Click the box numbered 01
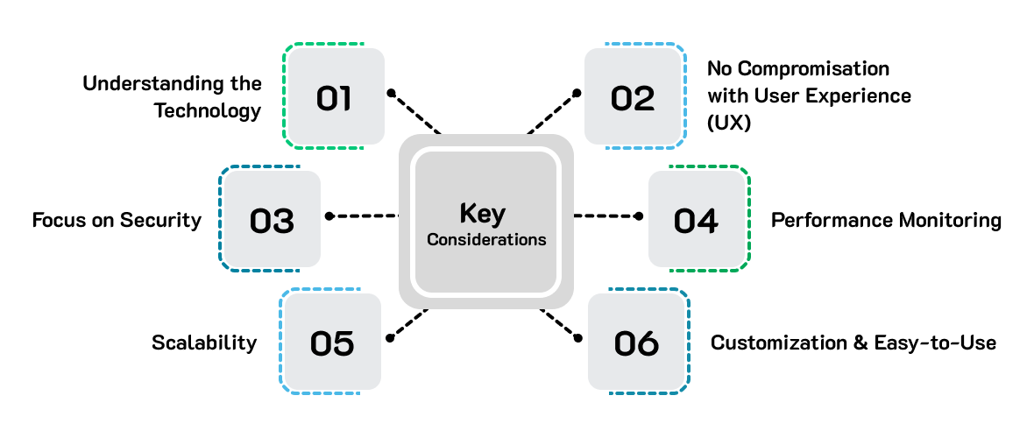coord(335,96)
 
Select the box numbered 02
coord(633,96)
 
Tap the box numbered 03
coord(271,219)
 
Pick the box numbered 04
coord(696,219)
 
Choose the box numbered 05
coord(331,342)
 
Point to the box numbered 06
coord(636,342)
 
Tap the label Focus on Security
coord(117,220)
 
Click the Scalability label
coord(204,343)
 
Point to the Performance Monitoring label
coord(886,220)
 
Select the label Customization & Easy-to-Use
coord(853,343)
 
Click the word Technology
coord(208,111)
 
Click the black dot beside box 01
coord(392,92)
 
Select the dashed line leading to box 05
coord(408,322)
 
